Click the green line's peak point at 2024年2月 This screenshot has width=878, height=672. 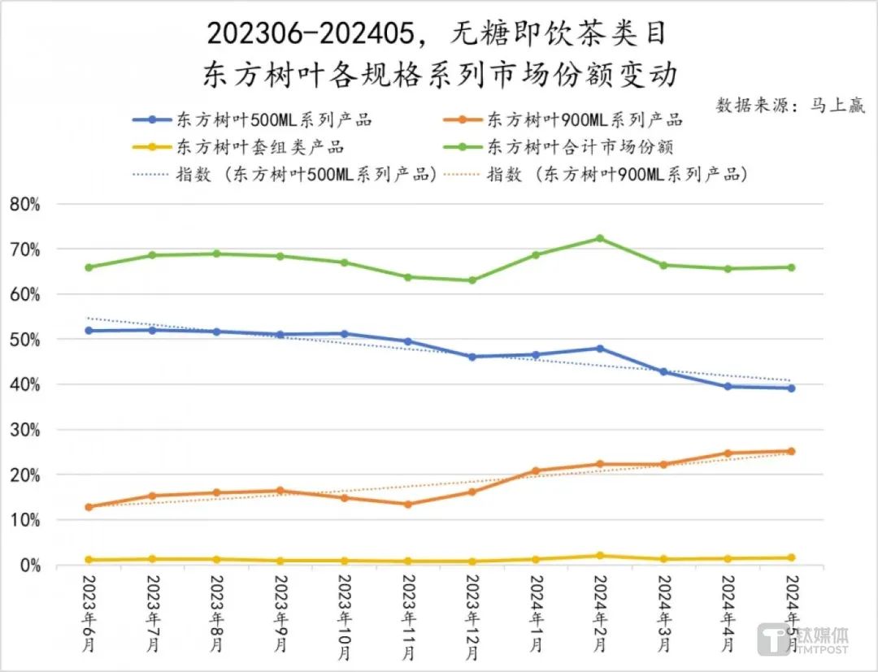click(599, 238)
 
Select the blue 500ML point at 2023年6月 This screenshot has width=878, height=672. click(89, 331)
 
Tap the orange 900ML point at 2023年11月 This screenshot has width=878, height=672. click(407, 504)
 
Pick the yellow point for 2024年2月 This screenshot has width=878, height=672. click(599, 556)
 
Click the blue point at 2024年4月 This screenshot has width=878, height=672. click(728, 386)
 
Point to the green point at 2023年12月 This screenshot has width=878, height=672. click(472, 280)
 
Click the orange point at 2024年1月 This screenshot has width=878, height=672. click(535, 470)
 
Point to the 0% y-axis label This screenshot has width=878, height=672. click(28, 565)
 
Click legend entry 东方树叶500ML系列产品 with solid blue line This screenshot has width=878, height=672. click(252, 119)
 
